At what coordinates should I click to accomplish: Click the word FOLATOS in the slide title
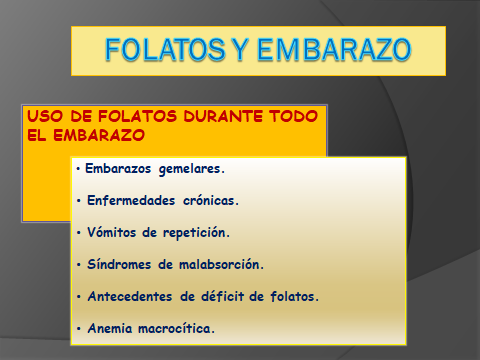pyautogui.click(x=161, y=50)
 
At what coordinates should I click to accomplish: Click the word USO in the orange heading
pyautogui.click(x=43, y=116)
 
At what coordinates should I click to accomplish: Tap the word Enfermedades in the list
pyautogui.click(x=131, y=200)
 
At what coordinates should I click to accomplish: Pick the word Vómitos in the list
pyautogui.click(x=113, y=232)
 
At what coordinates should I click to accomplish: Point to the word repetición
pyautogui.click(x=196, y=232)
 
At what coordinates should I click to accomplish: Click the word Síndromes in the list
pyautogui.click(x=120, y=264)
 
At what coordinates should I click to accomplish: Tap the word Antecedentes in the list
pyautogui.click(x=132, y=296)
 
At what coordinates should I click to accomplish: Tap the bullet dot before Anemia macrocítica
pyautogui.click(x=79, y=328)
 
